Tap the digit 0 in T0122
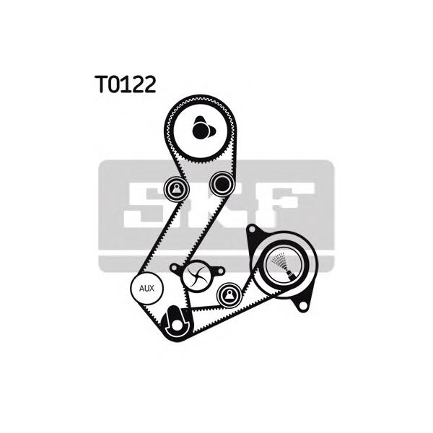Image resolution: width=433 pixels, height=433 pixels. [112, 85]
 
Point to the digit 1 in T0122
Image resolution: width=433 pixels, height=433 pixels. [126, 85]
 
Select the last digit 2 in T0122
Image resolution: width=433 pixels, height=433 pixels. [149, 85]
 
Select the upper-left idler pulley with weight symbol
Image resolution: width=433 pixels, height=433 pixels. [175, 190]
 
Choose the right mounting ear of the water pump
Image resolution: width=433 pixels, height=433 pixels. [218, 268]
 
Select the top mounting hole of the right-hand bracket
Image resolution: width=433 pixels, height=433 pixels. [252, 232]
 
